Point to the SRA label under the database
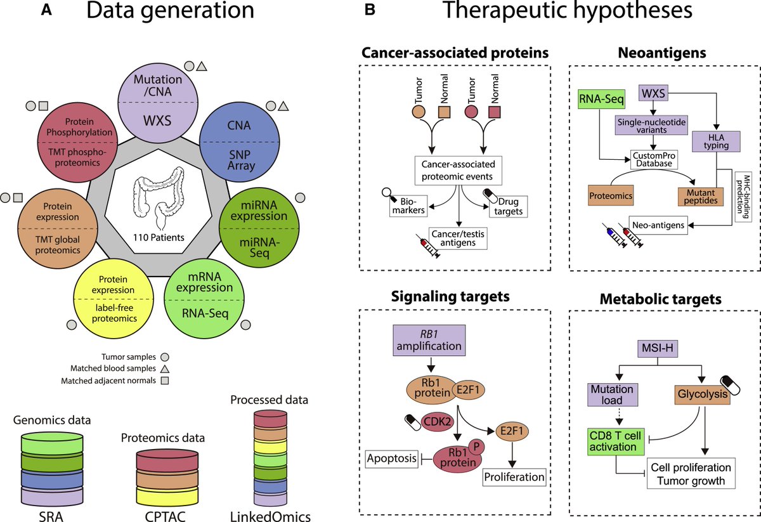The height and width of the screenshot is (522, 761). [51, 512]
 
